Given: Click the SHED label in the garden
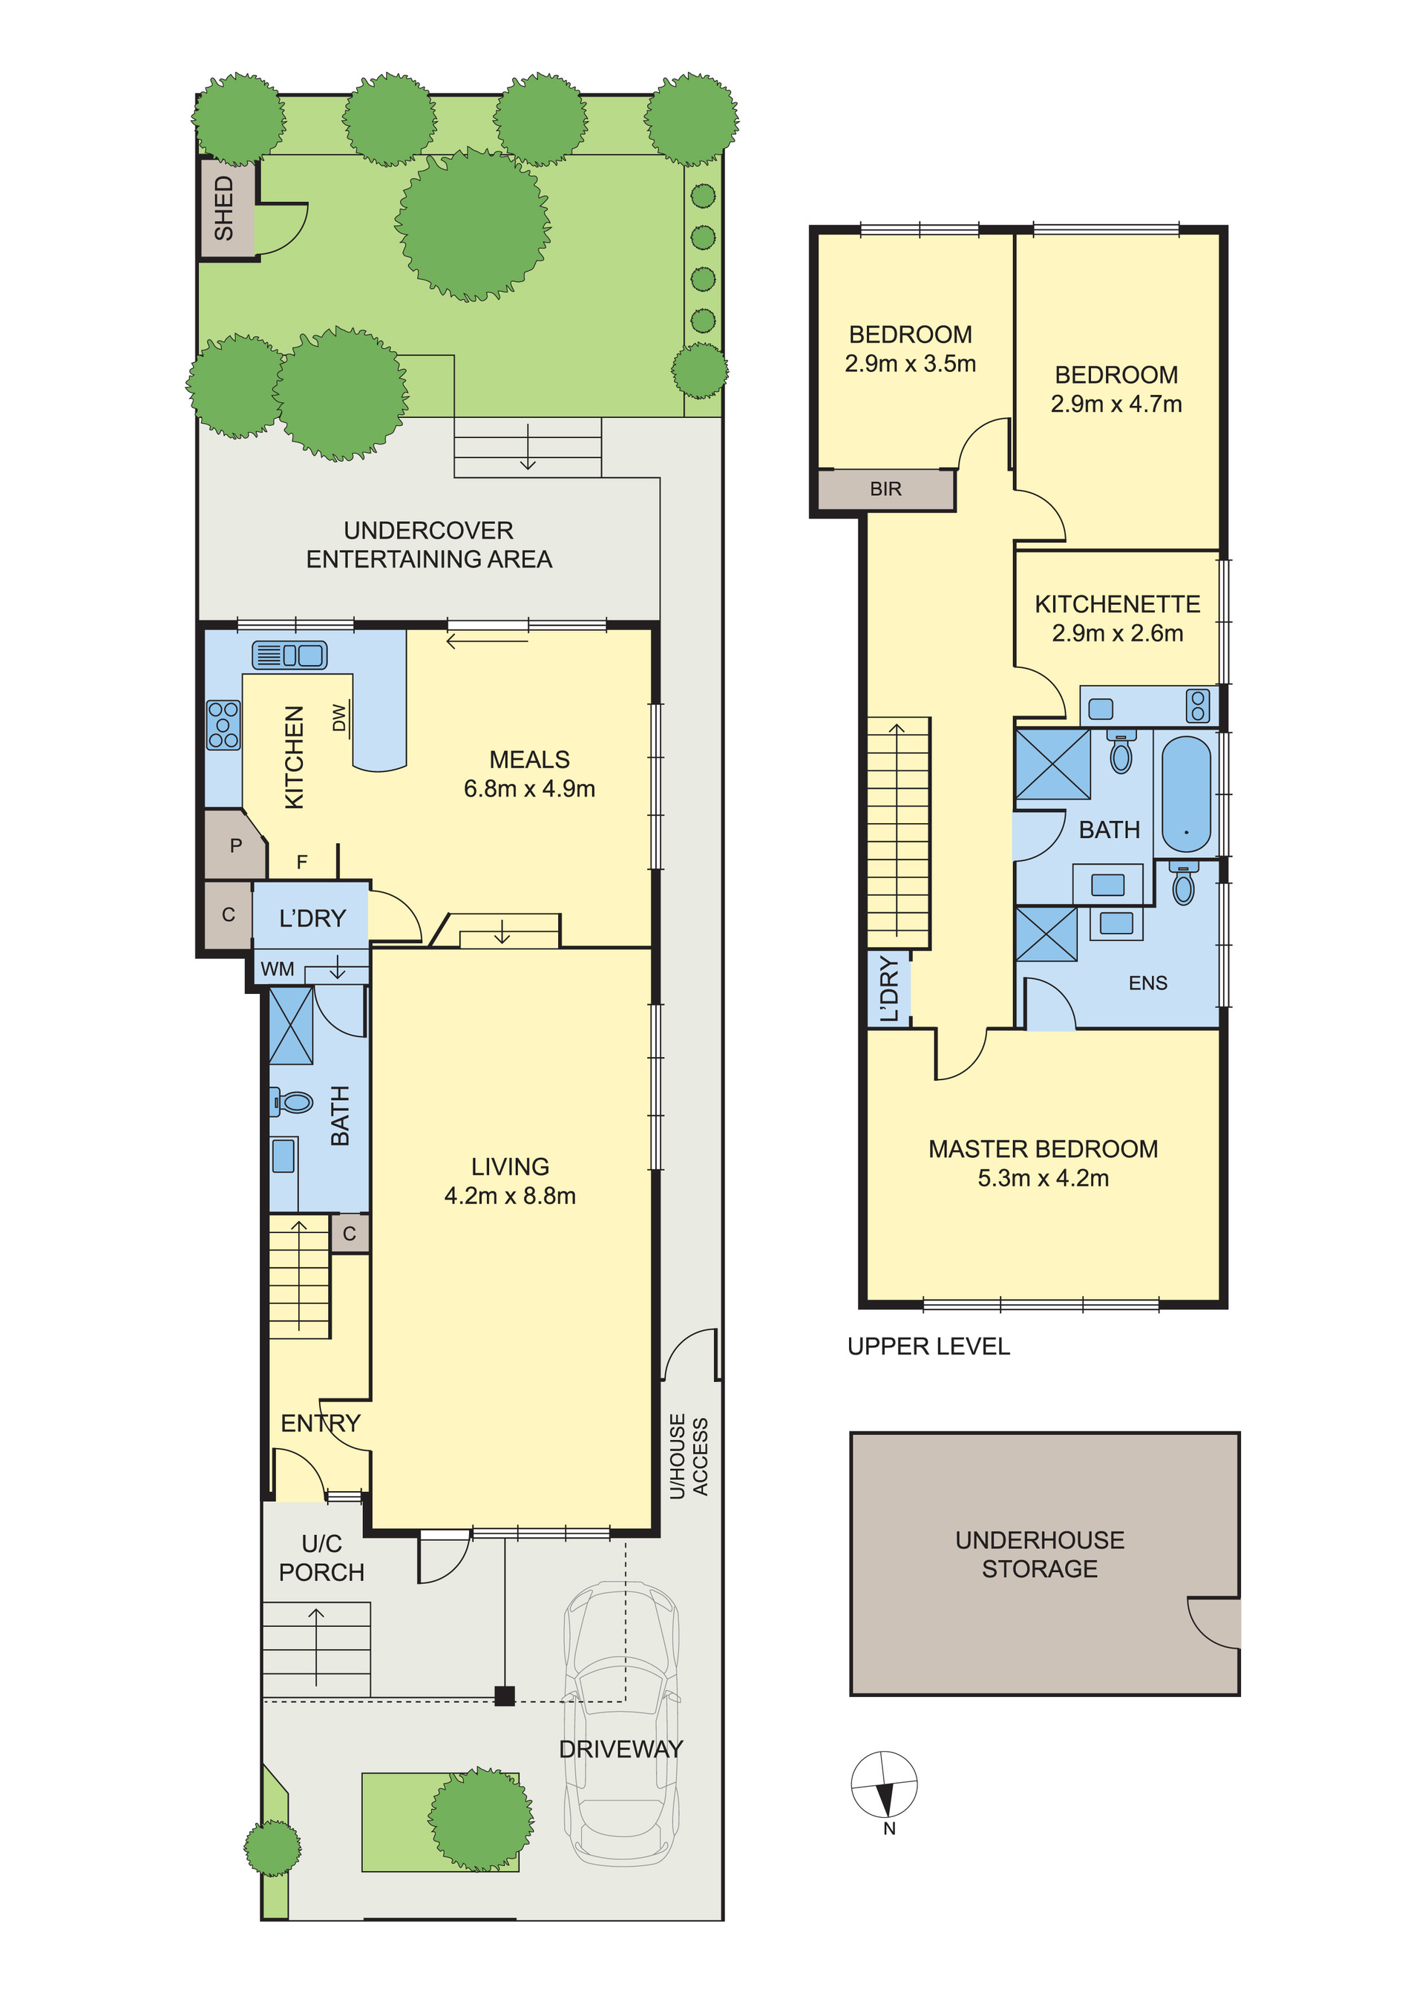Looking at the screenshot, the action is pyautogui.click(x=224, y=208).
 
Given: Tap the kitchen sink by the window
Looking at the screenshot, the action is pyautogui.click(x=289, y=655).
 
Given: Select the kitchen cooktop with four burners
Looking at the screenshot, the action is pyautogui.click(x=223, y=724).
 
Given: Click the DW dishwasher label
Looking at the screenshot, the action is pyautogui.click(x=340, y=717).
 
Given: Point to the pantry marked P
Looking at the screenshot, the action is pyautogui.click(x=235, y=845).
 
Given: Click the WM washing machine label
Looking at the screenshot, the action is pyautogui.click(x=278, y=969).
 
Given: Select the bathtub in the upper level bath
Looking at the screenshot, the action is pyautogui.click(x=1186, y=793).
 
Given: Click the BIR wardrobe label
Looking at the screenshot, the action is pyautogui.click(x=886, y=489).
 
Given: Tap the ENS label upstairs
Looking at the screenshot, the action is pyautogui.click(x=1148, y=984).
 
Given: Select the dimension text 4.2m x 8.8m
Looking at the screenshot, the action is pyautogui.click(x=510, y=1196).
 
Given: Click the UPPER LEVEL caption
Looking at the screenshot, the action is pyautogui.click(x=929, y=1347).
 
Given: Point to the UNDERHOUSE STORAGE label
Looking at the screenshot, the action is pyautogui.click(x=1041, y=1554).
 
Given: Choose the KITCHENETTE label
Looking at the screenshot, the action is pyautogui.click(x=1118, y=604).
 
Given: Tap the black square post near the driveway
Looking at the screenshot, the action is pyautogui.click(x=504, y=1695).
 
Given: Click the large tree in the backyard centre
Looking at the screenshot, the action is pyautogui.click(x=474, y=224).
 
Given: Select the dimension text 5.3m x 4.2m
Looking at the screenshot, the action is pyautogui.click(x=1043, y=1178).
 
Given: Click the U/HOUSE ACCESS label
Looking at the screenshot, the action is pyautogui.click(x=688, y=1456).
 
